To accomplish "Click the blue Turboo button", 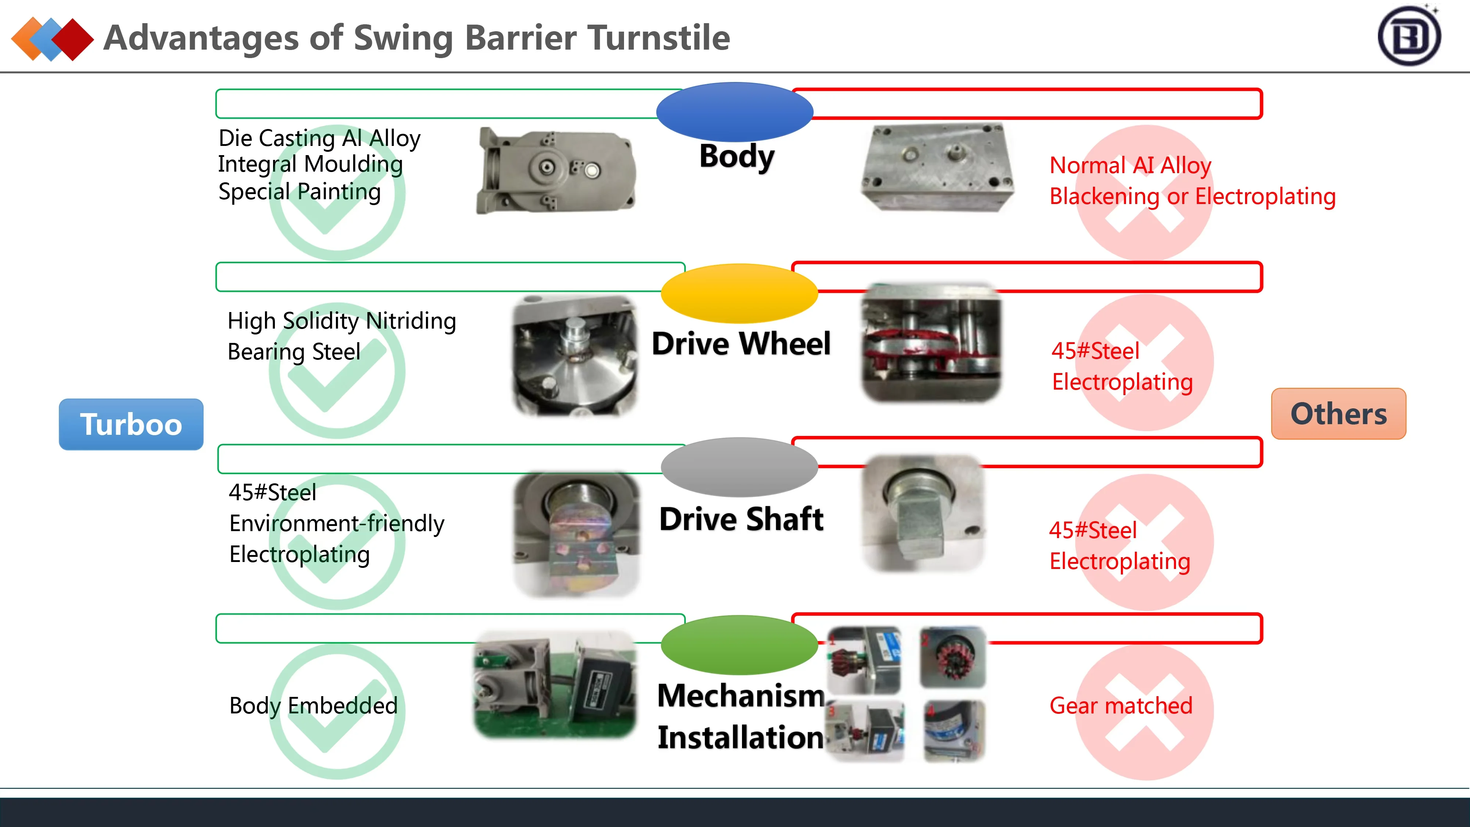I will (x=131, y=424).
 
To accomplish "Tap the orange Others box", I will (x=1338, y=414).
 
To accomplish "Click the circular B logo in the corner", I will (x=1409, y=36).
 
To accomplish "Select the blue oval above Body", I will (x=734, y=112).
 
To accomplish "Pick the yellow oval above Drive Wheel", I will (x=739, y=293).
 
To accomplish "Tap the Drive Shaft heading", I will (x=741, y=519).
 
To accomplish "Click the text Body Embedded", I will (x=313, y=705).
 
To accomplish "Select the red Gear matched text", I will (x=1121, y=705).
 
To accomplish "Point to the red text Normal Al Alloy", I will (x=1130, y=165).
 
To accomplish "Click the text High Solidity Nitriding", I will (x=341, y=321).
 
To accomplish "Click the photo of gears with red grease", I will (x=931, y=343).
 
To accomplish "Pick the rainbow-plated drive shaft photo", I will (x=576, y=534).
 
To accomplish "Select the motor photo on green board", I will (x=555, y=684).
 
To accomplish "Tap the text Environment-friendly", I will (x=337, y=523).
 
